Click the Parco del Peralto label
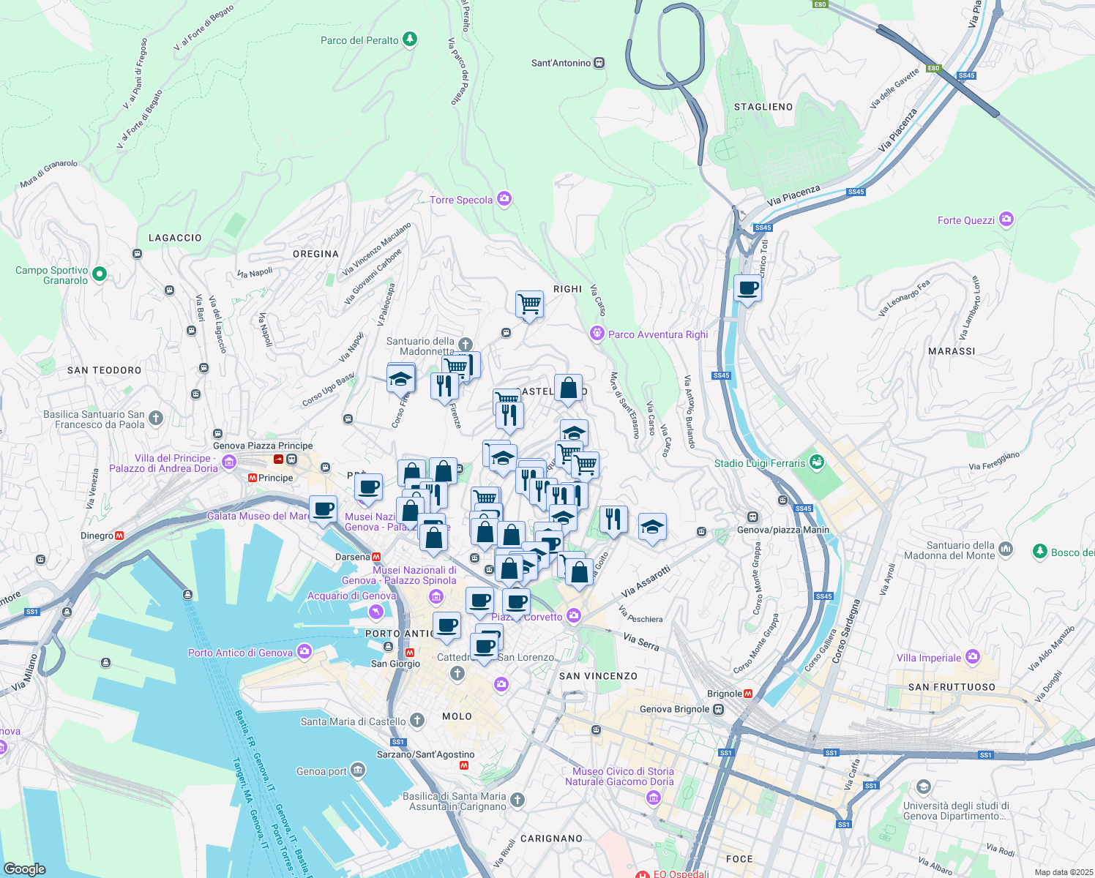coord(359,40)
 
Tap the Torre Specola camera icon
coord(504,199)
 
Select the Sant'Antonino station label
coord(561,63)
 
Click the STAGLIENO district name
coord(763,107)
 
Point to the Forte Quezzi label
coord(966,220)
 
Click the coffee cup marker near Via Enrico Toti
coord(747,288)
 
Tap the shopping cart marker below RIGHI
coord(529,303)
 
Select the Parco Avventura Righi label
coord(658,334)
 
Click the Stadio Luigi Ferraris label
coord(759,463)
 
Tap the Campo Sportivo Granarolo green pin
coord(100,274)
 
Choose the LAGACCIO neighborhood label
coord(175,238)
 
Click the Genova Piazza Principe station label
coord(263,446)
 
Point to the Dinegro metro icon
coord(119,536)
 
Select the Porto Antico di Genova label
coord(240,653)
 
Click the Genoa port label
coord(321,771)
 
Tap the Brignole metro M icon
coord(748,694)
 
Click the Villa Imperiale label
coord(929,658)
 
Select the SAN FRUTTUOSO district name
coord(952,687)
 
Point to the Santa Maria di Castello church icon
coord(416,721)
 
